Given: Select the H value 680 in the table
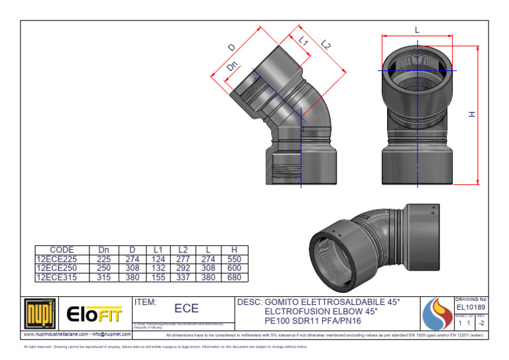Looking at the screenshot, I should [234, 277].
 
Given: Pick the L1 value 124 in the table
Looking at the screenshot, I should [158, 259].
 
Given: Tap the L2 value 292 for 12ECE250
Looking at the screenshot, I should [184, 268].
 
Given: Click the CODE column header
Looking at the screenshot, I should [62, 250].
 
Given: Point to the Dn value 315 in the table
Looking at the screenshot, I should [103, 277].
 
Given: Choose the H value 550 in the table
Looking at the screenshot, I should [234, 259].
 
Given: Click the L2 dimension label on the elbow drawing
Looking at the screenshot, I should [325, 44].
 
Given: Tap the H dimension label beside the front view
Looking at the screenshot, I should [472, 115].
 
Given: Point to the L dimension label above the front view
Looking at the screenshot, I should [417, 30].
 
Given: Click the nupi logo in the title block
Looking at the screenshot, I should [40, 312].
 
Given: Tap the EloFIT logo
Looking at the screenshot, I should [95, 312].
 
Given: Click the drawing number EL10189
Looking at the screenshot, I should [471, 308].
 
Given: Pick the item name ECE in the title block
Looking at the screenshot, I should [186, 309].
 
